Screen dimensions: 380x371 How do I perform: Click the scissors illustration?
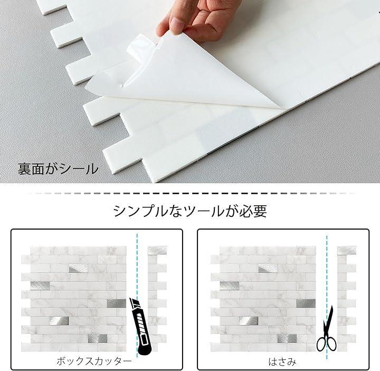327,329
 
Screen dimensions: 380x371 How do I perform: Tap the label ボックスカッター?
94,361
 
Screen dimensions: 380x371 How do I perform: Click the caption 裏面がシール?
58,169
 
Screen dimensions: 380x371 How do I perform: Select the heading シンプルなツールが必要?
190,211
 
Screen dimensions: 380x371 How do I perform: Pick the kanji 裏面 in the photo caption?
31,169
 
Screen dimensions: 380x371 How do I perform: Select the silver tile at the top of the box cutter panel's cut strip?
157,250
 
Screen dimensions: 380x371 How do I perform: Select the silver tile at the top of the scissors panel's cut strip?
347,250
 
